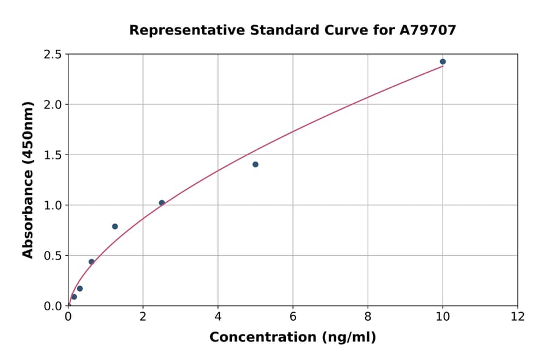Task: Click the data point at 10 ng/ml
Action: click(443, 62)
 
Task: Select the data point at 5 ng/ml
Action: click(256, 164)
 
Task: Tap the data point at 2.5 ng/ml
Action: click(162, 202)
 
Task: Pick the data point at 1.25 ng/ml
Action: click(115, 227)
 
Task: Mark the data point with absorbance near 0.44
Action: click(91, 262)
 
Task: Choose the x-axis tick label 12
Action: click(518, 316)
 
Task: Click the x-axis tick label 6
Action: click(293, 316)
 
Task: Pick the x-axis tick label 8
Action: click(368, 316)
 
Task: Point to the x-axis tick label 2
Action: click(143, 316)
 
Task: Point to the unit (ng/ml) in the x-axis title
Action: click(348, 338)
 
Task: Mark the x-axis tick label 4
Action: click(218, 316)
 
